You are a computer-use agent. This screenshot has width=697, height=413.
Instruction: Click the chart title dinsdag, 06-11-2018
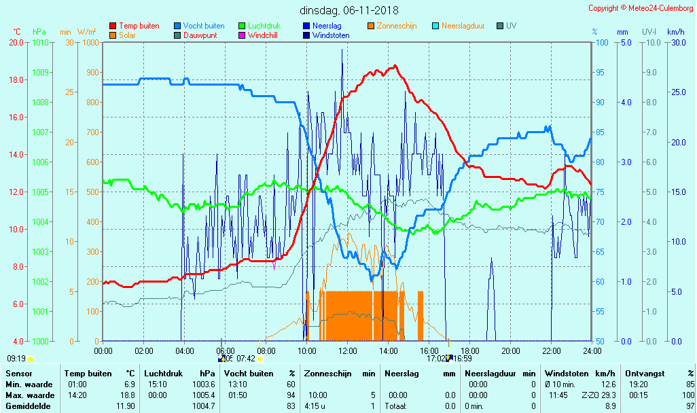click(x=348, y=10)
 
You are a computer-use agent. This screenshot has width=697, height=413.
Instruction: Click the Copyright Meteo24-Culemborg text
click(x=641, y=8)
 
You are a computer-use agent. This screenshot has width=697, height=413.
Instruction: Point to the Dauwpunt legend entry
click(x=200, y=35)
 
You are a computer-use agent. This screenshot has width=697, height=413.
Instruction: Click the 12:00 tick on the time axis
click(x=348, y=351)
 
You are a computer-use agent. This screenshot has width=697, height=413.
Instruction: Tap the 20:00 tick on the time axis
click(x=511, y=351)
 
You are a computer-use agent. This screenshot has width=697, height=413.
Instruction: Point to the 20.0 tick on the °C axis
click(x=16, y=43)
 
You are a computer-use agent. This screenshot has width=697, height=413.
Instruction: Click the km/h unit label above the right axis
click(x=675, y=32)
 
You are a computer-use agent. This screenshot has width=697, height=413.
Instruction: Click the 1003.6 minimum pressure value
click(x=204, y=384)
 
